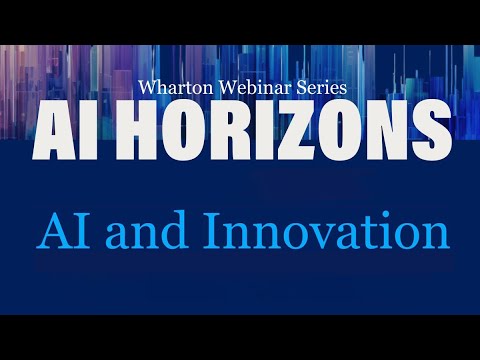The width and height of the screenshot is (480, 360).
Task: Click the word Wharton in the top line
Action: (x=176, y=89)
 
